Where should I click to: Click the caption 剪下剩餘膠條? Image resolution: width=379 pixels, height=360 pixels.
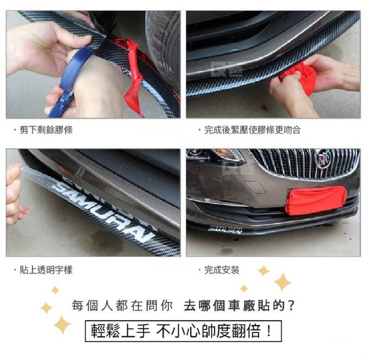[x=46, y=130]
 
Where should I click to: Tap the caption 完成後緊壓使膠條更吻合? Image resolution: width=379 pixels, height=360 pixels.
[x=252, y=130]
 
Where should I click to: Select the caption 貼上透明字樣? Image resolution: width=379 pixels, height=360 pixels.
[x=46, y=270]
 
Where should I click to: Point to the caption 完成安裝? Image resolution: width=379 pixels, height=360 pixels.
[x=222, y=270]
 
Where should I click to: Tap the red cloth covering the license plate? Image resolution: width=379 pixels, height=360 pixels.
[x=316, y=200]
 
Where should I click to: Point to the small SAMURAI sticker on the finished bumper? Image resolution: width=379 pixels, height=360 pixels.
[x=225, y=230]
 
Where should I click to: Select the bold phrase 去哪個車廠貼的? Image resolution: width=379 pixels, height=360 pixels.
[x=239, y=306]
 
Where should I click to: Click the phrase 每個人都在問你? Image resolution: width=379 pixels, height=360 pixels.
[x=122, y=306]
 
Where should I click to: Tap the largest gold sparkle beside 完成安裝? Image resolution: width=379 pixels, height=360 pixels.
[x=282, y=282]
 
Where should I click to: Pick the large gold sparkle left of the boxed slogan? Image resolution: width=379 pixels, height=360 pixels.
[x=62, y=324]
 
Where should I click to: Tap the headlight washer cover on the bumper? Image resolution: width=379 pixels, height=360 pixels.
[x=255, y=187]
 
